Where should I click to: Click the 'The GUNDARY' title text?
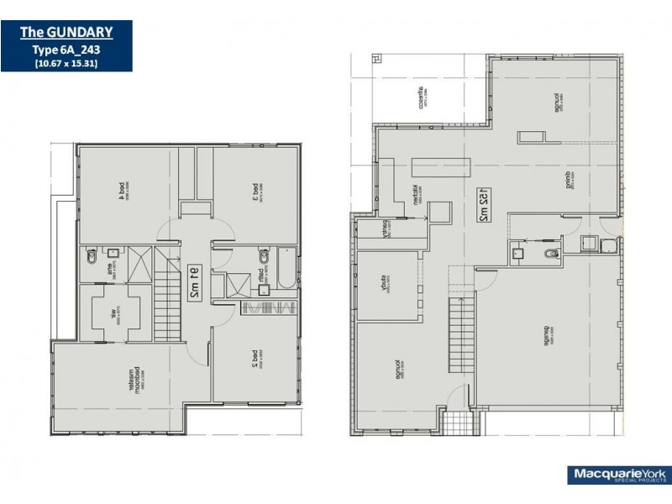[66, 33]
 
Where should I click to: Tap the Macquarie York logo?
[612, 475]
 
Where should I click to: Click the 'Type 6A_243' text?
[66, 50]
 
